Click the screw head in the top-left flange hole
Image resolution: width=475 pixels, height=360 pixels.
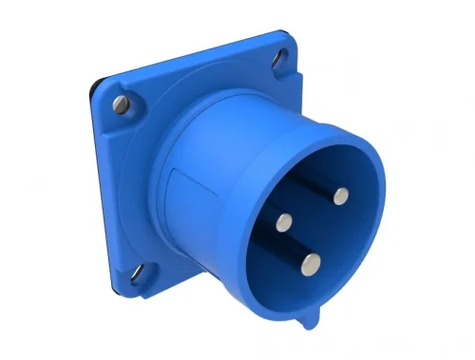pyautogui.click(x=122, y=103)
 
